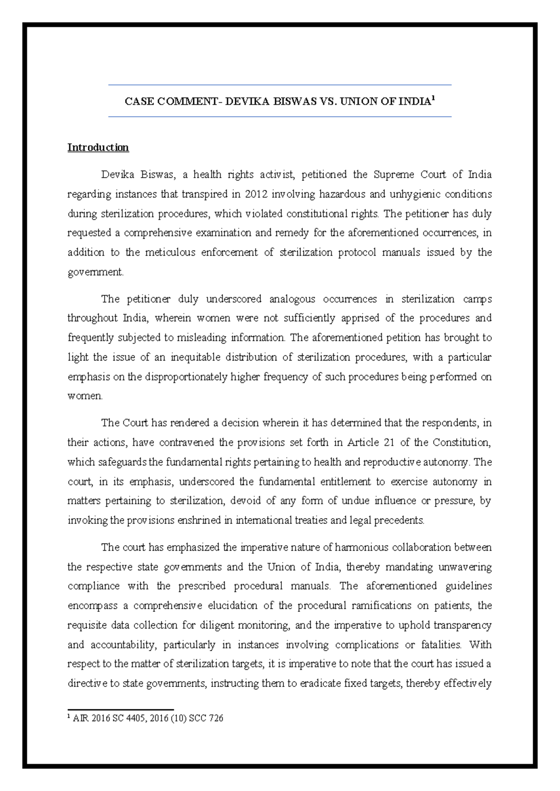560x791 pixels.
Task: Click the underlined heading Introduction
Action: click(98, 147)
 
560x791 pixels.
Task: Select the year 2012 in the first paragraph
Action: click(256, 194)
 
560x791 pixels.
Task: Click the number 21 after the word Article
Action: click(389, 442)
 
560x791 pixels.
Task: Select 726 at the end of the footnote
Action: click(216, 718)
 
